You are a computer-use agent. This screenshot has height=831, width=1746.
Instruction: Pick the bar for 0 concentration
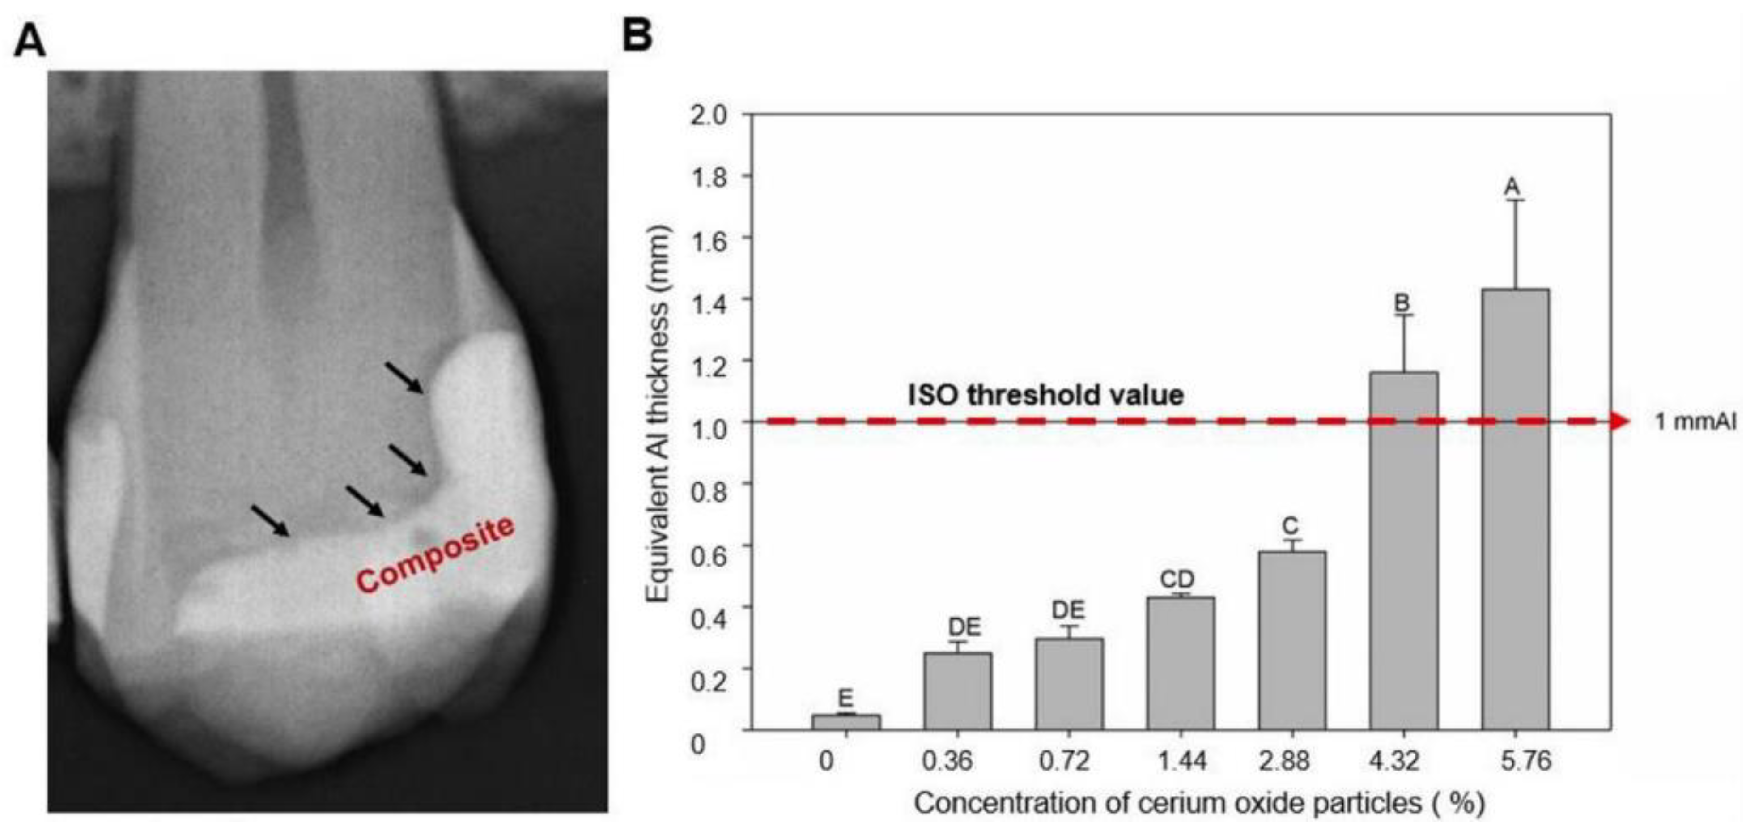846,721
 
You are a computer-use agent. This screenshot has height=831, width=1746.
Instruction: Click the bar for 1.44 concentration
1181,662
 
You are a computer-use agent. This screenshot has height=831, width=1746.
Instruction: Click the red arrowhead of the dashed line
1619,421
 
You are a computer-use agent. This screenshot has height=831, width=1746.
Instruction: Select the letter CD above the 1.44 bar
1177,579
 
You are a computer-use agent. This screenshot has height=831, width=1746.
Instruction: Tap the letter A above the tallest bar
1512,187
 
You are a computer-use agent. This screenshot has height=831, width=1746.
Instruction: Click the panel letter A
30,41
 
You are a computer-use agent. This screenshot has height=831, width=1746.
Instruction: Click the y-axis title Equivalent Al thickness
658,413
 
